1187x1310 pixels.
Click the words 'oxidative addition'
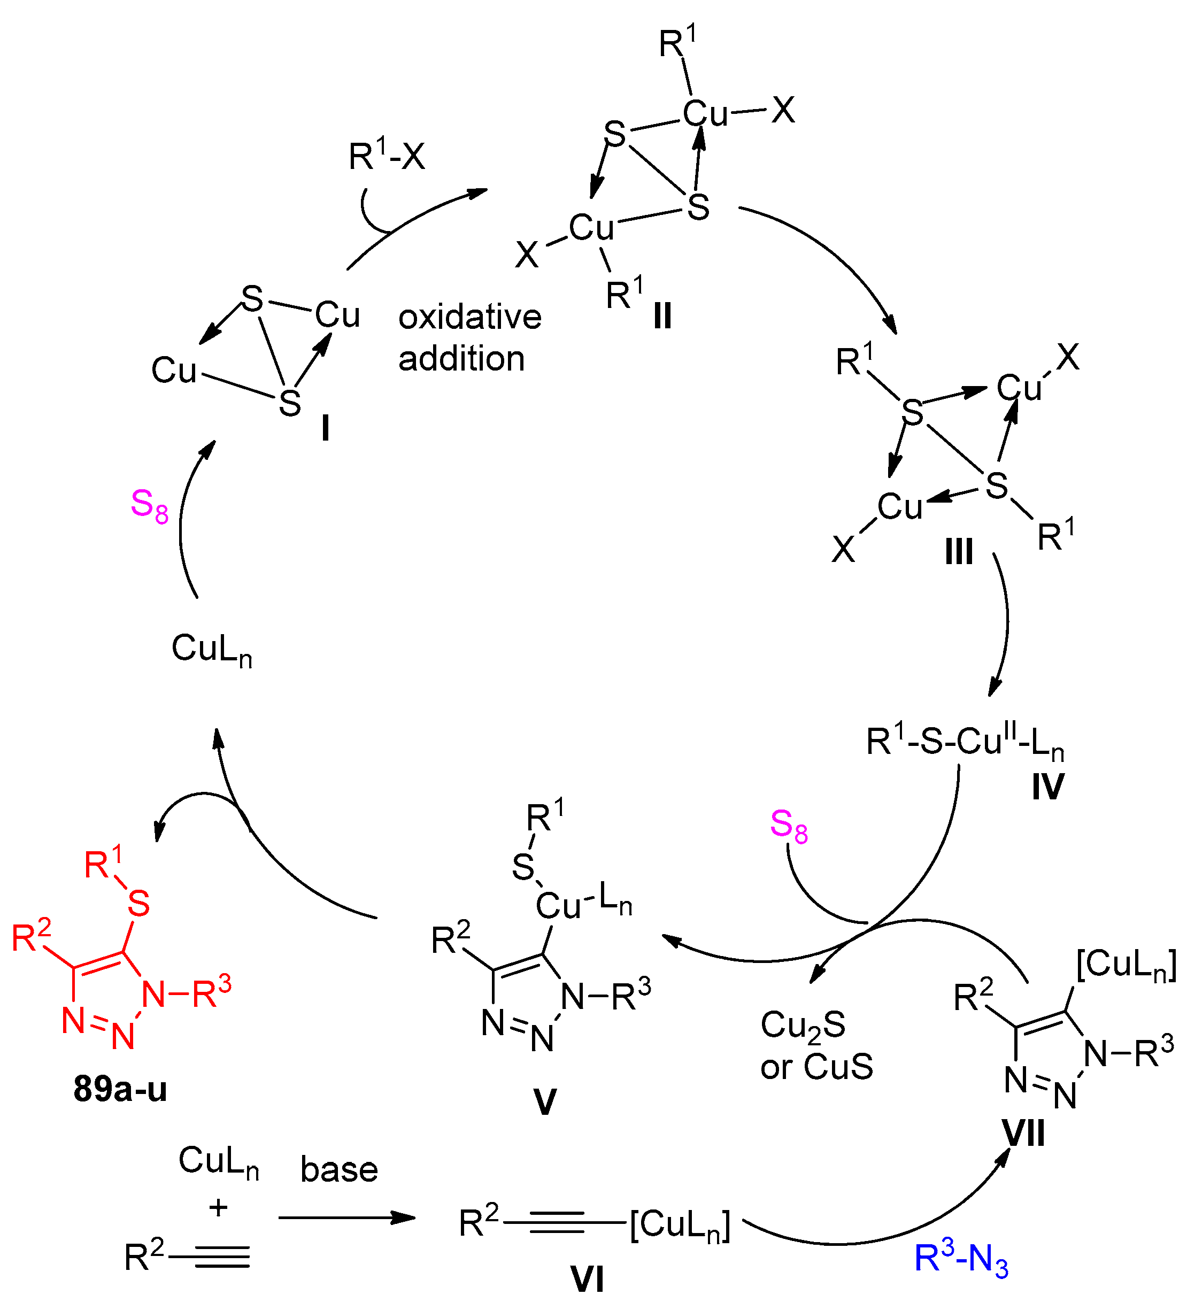click(469, 337)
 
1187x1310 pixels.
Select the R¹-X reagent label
click(387, 157)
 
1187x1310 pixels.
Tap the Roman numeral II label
click(662, 317)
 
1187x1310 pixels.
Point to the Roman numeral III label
click(958, 552)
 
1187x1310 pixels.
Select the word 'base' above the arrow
click(338, 1170)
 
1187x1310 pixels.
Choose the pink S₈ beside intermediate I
click(149, 505)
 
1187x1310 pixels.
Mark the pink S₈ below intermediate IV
click(789, 827)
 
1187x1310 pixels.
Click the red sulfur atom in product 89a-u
click(139, 903)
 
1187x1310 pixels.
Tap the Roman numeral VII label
click(1024, 1134)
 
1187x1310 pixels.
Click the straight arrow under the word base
click(347, 1217)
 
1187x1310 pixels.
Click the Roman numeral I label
click(325, 429)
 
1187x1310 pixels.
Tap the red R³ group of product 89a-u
click(212, 993)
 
